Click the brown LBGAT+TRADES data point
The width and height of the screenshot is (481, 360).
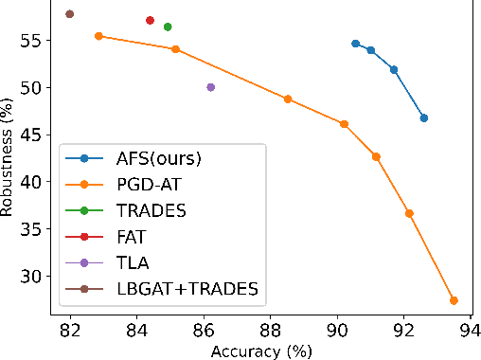pos(70,14)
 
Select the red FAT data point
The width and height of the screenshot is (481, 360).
pos(150,20)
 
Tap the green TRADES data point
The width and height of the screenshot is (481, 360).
pos(168,27)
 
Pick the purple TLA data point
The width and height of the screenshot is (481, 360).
pos(210,87)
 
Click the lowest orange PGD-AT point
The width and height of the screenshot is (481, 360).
pos(454,300)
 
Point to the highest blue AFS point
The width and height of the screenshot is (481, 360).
pos(355,44)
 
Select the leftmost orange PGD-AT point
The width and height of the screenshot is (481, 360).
pos(98,36)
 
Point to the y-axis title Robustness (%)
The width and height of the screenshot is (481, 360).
pos(9,160)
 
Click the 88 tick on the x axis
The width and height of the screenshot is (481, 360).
pos(270,331)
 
